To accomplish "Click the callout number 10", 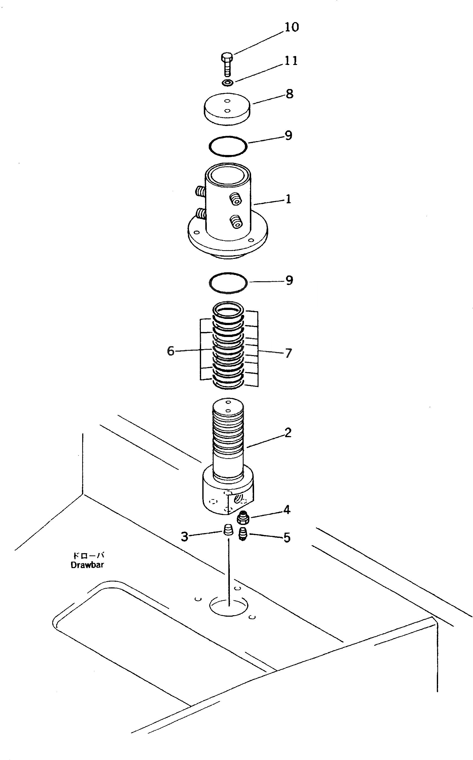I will (291, 27).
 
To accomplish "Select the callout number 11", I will (291, 61).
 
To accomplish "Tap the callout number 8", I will (290, 94).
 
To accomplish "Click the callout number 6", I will (170, 351).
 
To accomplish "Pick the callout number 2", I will (288, 432).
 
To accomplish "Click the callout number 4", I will (287, 510).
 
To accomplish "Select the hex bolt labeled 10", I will (227, 64).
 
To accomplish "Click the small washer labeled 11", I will (227, 83).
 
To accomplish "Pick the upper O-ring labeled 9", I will (228, 146).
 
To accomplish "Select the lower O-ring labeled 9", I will (228, 282).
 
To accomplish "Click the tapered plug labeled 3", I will (229, 530).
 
